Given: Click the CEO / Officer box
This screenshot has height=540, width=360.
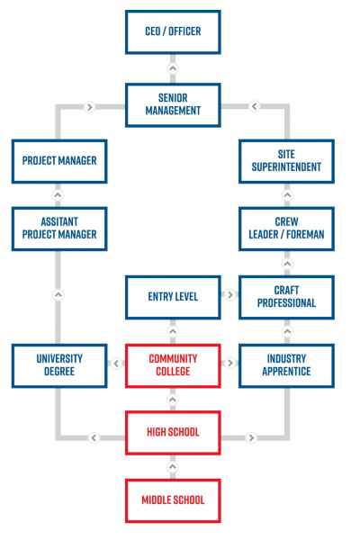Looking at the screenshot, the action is [x=173, y=32].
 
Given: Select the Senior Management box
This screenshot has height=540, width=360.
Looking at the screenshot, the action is [x=173, y=105].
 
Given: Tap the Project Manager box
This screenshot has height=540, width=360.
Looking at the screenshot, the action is [x=59, y=161].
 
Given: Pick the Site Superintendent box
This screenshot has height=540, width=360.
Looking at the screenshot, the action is [x=286, y=161].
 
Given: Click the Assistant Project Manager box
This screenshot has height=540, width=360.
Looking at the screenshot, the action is [x=59, y=229].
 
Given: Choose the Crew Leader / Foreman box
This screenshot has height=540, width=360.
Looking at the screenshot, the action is [x=286, y=229].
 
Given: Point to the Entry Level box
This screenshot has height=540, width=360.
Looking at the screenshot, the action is [x=173, y=297].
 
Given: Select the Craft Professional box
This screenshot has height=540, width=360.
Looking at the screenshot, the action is [x=286, y=297].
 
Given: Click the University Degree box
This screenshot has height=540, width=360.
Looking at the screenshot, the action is [x=59, y=365].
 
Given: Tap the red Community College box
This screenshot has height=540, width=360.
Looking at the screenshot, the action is [x=173, y=365].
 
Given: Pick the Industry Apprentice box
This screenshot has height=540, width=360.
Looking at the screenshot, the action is [x=286, y=365].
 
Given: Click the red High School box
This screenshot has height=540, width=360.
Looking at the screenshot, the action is [x=173, y=433].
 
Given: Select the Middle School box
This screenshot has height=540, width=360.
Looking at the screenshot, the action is [x=173, y=500].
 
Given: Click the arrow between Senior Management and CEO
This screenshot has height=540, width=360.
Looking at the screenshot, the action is [x=173, y=68].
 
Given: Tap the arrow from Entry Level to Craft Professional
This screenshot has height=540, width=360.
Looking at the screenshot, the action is [x=230, y=295].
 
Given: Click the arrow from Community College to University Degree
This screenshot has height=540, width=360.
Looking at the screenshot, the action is [x=116, y=364].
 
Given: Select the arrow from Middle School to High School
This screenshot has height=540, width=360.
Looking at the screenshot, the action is [x=173, y=467].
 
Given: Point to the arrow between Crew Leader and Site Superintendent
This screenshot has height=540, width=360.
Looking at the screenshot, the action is [x=287, y=195].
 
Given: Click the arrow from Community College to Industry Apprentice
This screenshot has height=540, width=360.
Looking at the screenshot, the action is [x=230, y=363].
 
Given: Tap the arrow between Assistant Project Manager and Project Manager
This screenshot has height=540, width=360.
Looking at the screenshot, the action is [x=58, y=195].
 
